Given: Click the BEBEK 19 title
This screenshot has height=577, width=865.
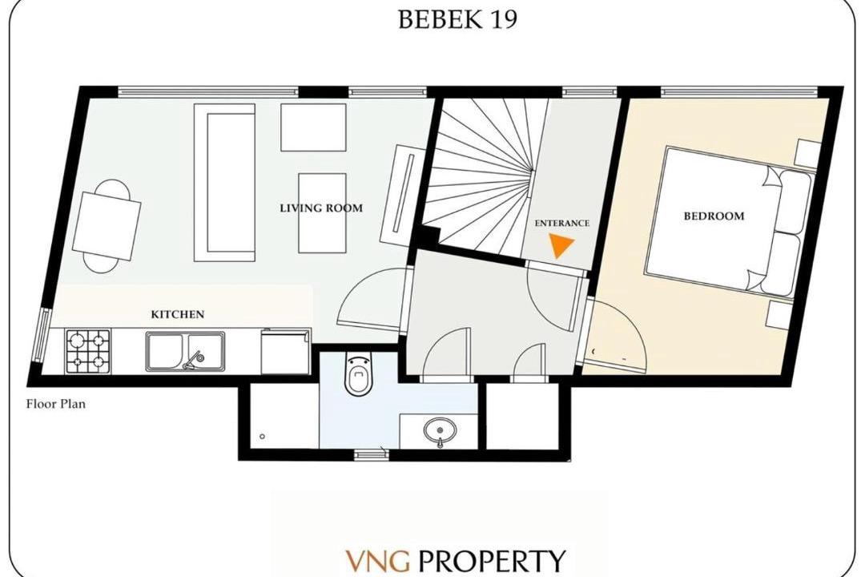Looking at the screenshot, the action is (x=457, y=19).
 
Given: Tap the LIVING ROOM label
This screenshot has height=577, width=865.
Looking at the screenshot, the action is (x=321, y=208).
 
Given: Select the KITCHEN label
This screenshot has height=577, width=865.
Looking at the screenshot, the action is (x=178, y=314).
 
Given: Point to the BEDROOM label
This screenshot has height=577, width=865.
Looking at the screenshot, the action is (x=714, y=216).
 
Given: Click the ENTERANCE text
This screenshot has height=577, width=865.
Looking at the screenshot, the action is (x=561, y=223).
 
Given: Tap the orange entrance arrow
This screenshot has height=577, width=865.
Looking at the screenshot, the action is (x=561, y=245).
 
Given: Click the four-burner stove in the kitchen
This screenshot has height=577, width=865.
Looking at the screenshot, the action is (x=88, y=351).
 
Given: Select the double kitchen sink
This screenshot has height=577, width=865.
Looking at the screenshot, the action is (x=185, y=351).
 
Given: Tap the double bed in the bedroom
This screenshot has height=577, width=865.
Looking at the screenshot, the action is (x=728, y=220).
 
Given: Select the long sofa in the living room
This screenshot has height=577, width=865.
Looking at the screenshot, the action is (x=224, y=182).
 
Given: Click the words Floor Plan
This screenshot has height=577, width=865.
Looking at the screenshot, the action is (x=56, y=404).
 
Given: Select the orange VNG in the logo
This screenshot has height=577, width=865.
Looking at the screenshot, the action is (x=378, y=560).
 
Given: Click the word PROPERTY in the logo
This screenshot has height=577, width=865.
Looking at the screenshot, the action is (x=492, y=560).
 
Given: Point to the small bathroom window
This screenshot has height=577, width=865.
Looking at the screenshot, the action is (x=371, y=454).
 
